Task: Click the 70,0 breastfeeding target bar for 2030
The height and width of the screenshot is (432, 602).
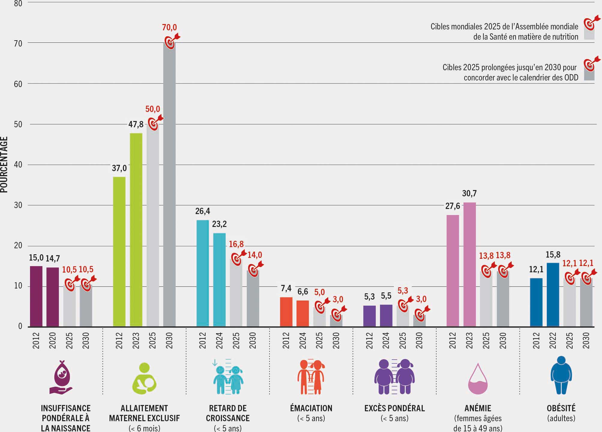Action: pyautogui.click(x=170, y=186)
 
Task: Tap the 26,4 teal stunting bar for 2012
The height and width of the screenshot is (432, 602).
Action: pyautogui.click(x=203, y=273)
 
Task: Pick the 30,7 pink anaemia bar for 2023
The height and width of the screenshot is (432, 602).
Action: pyautogui.click(x=469, y=264)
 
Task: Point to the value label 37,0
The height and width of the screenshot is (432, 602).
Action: pyautogui.click(x=119, y=168)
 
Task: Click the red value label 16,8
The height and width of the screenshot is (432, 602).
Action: pyautogui.click(x=236, y=244)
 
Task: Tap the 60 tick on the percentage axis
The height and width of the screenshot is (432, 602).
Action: pyautogui.click(x=18, y=84)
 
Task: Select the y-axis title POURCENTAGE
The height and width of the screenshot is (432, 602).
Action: pyautogui.click(x=4, y=165)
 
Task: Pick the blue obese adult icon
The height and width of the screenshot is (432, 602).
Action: pyautogui.click(x=561, y=375)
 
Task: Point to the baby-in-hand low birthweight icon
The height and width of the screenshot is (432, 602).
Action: pyautogui.click(x=62, y=377)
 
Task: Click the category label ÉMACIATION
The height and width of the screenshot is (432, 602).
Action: pyautogui.click(x=311, y=408)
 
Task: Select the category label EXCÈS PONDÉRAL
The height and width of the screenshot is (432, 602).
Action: pyautogui.click(x=395, y=408)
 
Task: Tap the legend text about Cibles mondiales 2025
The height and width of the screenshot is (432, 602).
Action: pyautogui.click(x=504, y=32)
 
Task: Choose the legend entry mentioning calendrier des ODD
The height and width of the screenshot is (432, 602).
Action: pyautogui.click(x=510, y=72)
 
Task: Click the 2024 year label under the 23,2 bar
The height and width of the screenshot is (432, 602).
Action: pyautogui.click(x=219, y=341)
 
